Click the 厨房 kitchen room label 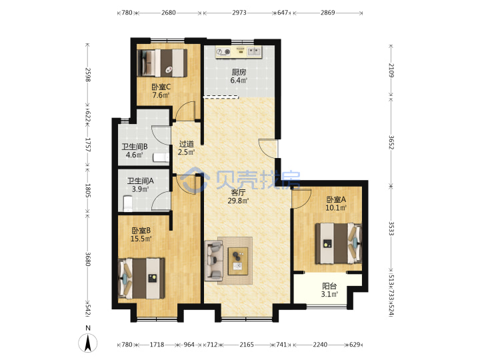pyautogui.click(x=239, y=72)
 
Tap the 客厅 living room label pyautogui.click(x=238, y=193)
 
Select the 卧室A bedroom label pyautogui.click(x=336, y=199)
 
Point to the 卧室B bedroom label pyautogui.click(x=141, y=231)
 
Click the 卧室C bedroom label pyautogui.click(x=161, y=87)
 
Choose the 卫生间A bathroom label pyautogui.click(x=141, y=181)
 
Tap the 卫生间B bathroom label pyautogui.click(x=135, y=147)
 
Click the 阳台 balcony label pyautogui.click(x=329, y=286)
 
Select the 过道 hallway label pyautogui.click(x=187, y=143)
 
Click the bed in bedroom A pyautogui.click(x=339, y=243)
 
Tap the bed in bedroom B pyautogui.click(x=141, y=278)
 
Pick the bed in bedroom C pyautogui.click(x=162, y=63)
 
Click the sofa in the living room pyautogui.click(x=214, y=261)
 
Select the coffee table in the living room pyautogui.click(x=238, y=261)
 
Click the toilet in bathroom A pyautogui.click(x=127, y=203)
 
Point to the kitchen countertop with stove pyautogui.click(x=239, y=52)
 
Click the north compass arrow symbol pyautogui.click(x=88, y=343)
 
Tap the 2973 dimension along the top pyautogui.click(x=239, y=13)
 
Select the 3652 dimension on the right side pyautogui.click(x=391, y=143)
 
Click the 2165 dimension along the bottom pyautogui.click(x=247, y=345)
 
